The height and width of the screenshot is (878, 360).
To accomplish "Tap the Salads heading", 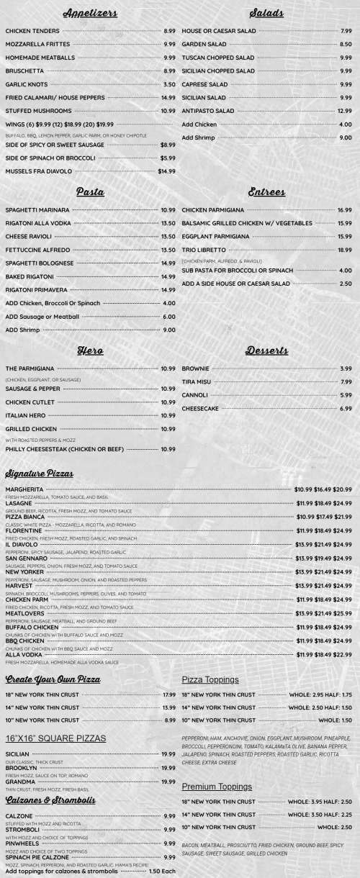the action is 266,14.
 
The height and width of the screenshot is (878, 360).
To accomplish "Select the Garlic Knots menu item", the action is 25,84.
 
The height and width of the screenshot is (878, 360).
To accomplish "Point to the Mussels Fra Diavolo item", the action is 38,171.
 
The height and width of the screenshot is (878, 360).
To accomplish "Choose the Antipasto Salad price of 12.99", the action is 344,111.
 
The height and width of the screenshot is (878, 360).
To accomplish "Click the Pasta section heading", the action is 90,192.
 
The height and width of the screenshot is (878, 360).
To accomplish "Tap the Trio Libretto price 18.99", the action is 344,250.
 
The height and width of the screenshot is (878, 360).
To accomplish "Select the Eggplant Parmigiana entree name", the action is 215,236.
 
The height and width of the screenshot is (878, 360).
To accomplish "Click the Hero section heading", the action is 90,350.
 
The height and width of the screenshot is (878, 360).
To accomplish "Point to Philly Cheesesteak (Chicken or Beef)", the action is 64,449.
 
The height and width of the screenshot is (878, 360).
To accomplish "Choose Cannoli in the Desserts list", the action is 194,395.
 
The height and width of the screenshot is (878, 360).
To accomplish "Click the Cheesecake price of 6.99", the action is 346,409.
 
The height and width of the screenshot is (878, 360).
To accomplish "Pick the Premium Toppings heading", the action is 216,787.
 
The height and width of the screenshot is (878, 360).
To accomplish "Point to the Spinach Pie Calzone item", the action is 38,857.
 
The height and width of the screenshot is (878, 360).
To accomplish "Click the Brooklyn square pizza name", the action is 21,768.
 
